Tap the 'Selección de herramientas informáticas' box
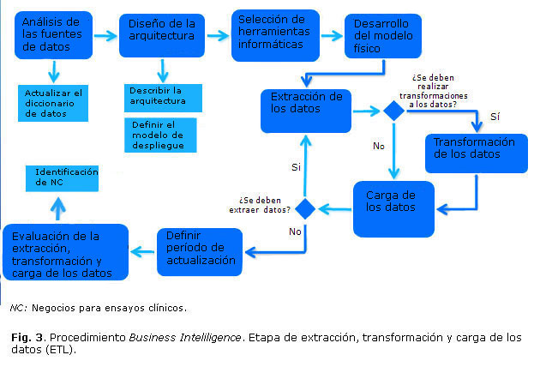click(274, 34)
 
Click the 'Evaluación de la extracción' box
click(65, 251)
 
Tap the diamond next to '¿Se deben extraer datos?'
click(305, 208)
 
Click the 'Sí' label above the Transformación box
click(494, 117)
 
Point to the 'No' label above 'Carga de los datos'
click(378, 146)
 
